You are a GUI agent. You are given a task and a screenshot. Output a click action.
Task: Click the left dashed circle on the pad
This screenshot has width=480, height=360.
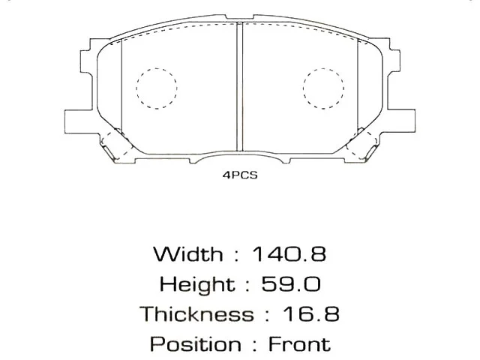point(157,88)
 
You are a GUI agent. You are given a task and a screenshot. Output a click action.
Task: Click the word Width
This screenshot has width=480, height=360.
point(187,253)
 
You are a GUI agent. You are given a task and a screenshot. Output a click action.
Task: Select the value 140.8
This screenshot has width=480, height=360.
point(290,253)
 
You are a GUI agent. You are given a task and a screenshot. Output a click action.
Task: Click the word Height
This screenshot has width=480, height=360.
point(196,284)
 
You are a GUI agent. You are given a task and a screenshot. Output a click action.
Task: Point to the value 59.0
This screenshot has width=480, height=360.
point(292,284)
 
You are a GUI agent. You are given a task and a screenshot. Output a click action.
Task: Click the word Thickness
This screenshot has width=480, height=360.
point(196,313)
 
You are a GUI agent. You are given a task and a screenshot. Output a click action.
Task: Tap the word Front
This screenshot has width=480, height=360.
point(298,344)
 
